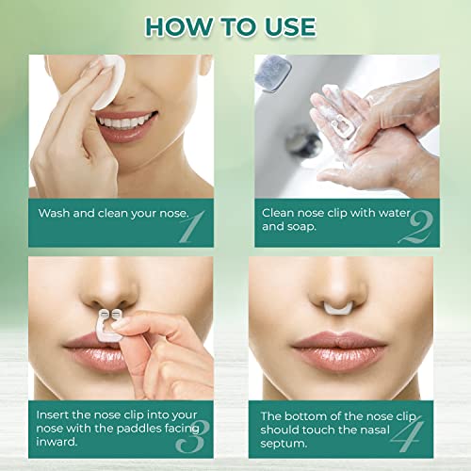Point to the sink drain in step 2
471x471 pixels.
click(302, 142)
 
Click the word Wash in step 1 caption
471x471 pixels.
click(54, 213)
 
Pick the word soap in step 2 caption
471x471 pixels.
click(307, 227)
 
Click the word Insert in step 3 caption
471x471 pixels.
click(55, 414)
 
